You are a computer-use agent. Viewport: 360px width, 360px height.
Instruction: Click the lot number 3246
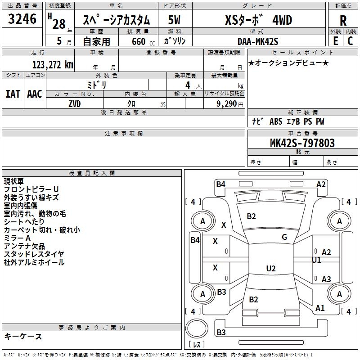tap(22, 18)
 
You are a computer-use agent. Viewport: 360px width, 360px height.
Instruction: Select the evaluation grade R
tap(343, 20)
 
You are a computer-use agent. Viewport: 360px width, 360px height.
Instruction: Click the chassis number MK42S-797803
tap(302, 143)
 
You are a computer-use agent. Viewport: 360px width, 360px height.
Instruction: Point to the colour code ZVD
tap(74, 103)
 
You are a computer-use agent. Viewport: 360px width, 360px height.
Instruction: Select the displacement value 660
tap(137, 41)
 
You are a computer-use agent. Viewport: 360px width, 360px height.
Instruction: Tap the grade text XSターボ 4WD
tap(258, 20)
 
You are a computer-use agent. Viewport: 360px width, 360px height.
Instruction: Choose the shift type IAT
tap(13, 94)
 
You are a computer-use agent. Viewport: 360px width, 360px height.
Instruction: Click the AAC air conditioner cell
tap(35, 94)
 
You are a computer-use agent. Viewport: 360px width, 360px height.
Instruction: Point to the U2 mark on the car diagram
tap(270, 269)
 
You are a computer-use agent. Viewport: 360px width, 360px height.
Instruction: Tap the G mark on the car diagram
tap(284, 237)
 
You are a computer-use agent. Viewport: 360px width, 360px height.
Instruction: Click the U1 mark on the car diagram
tap(316, 260)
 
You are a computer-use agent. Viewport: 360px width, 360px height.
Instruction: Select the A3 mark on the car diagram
tap(326, 279)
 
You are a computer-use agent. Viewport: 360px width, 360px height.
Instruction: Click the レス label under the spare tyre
tap(197, 345)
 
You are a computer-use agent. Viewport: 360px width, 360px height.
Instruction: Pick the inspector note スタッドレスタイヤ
tap(34, 254)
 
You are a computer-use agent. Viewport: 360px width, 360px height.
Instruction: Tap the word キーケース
tap(23, 336)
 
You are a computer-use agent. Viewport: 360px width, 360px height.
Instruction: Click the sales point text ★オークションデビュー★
tap(288, 63)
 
